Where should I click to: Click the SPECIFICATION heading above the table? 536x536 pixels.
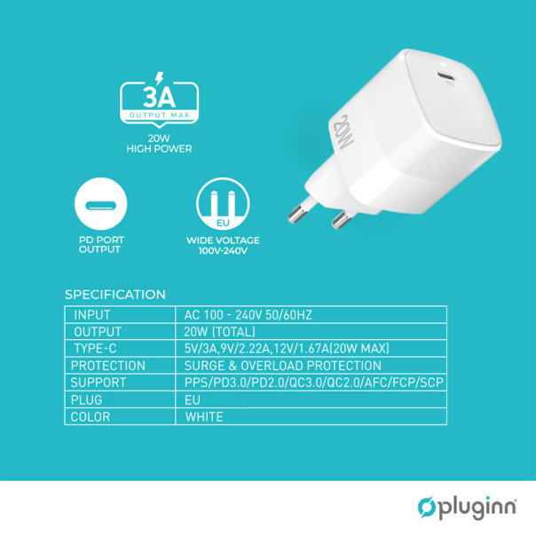[x=115, y=295]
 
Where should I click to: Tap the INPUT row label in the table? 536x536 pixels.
[x=92, y=315]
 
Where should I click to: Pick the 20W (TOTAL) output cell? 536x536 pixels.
[x=219, y=332]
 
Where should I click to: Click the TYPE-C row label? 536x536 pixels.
[x=98, y=349]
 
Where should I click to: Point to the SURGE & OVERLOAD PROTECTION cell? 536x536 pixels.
[x=282, y=366]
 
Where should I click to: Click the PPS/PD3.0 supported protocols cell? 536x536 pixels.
[x=313, y=382]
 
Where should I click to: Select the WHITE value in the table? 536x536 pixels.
[x=204, y=416]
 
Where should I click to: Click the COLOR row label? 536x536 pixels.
[x=91, y=416]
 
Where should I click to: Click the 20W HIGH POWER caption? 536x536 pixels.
[x=159, y=145]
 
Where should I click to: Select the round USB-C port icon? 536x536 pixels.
[x=100, y=203]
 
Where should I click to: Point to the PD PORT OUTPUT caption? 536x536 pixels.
[x=100, y=245]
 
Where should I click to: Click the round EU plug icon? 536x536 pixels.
[x=222, y=203]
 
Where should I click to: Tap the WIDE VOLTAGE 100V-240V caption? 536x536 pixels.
[x=222, y=245]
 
